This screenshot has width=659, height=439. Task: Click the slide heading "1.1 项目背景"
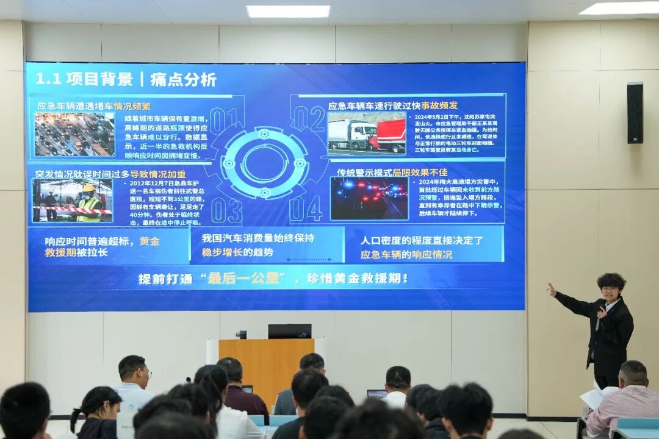click(x=84, y=79)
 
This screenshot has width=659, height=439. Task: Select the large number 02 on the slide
click(x=308, y=118)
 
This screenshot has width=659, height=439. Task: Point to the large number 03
click(x=226, y=210)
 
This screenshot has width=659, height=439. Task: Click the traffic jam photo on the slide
click(x=74, y=135)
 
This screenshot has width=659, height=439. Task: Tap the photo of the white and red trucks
click(x=367, y=135)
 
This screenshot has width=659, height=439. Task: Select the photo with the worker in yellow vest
click(x=73, y=201)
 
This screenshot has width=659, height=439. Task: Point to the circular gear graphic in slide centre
click(x=264, y=163)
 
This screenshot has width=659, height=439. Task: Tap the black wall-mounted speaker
click(x=635, y=113)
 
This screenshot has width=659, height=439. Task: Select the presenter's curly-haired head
click(x=611, y=285)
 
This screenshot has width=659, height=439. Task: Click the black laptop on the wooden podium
click(x=289, y=331)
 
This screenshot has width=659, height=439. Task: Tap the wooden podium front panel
click(x=267, y=366)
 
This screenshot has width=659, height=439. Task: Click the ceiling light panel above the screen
click(x=288, y=11)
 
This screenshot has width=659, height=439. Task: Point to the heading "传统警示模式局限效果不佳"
click(x=392, y=173)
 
